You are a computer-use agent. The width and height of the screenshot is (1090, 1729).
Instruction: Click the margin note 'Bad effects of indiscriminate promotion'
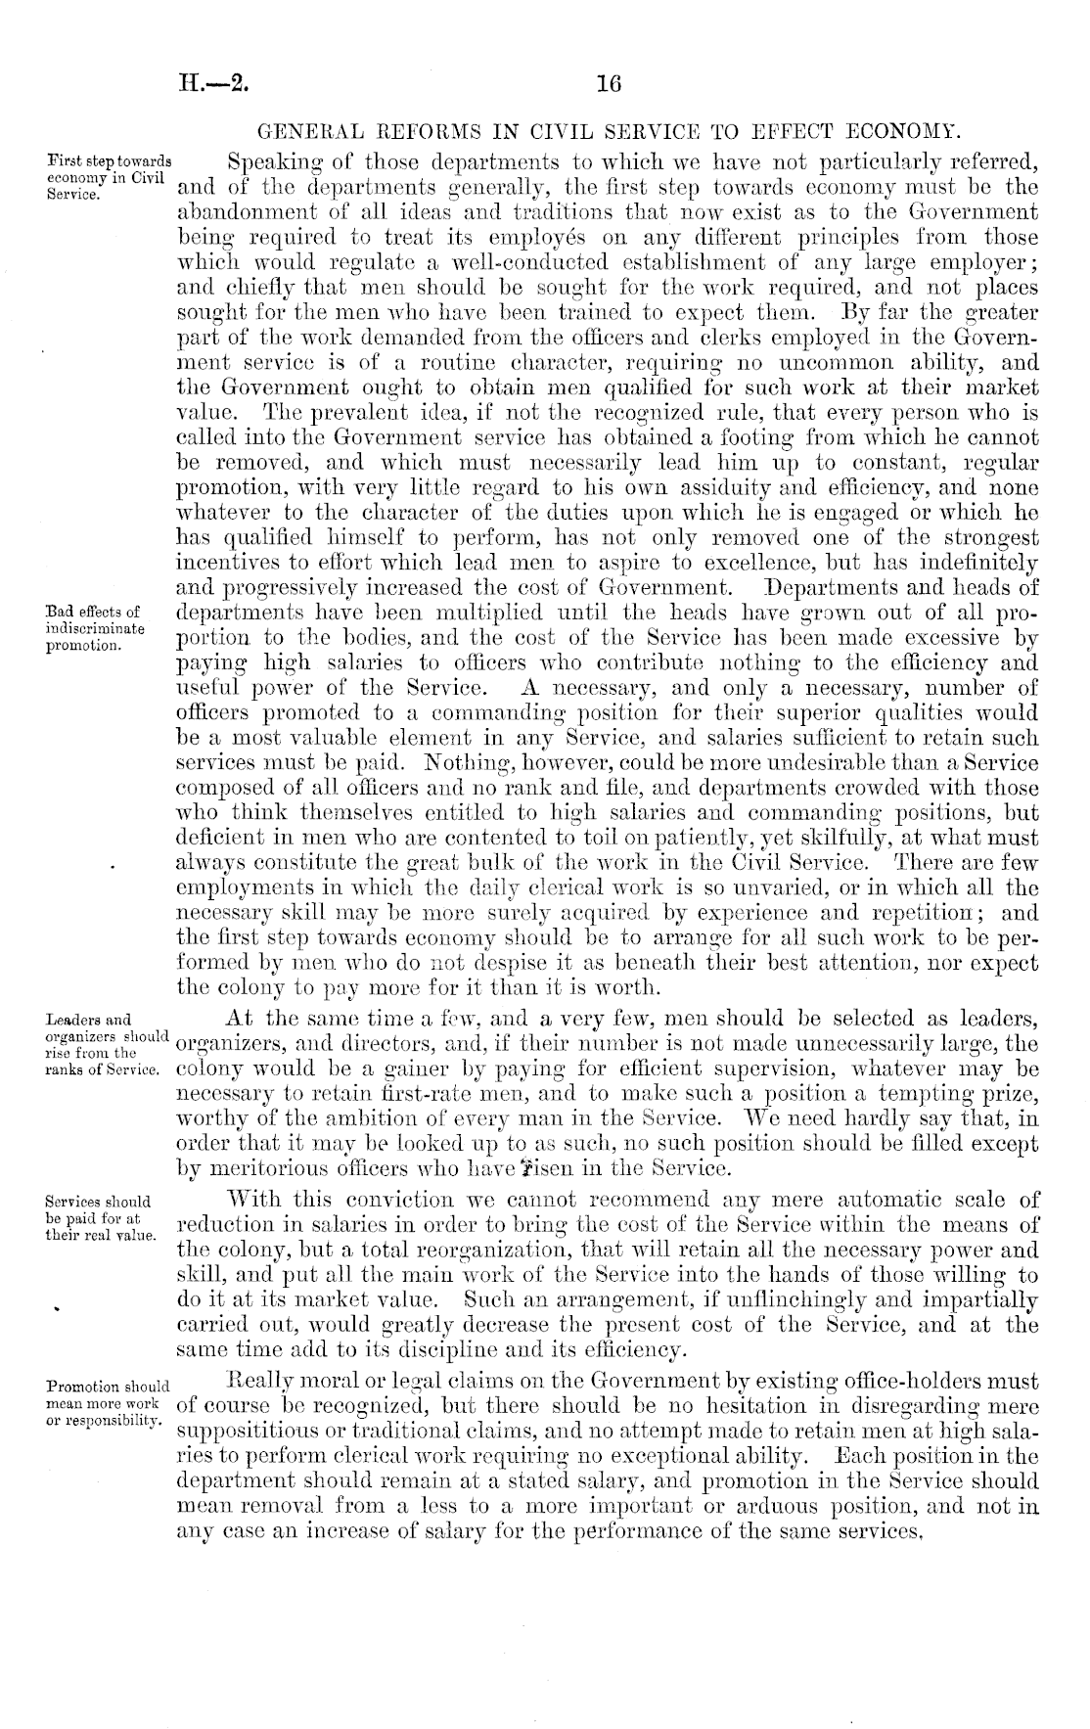(x=96, y=627)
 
